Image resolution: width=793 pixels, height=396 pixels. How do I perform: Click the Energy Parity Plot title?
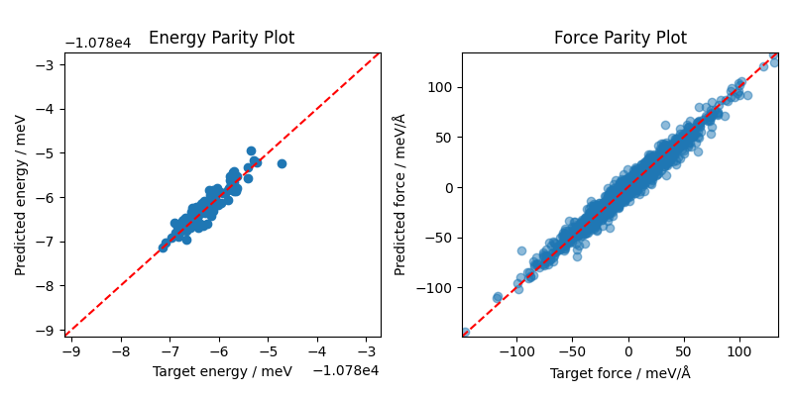pyautogui.click(x=221, y=39)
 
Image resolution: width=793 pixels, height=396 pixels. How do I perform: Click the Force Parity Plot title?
pyautogui.click(x=620, y=39)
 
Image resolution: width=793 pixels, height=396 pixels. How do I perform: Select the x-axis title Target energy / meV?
pyautogui.click(x=222, y=371)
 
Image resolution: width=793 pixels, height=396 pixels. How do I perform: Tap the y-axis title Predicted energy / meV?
pyautogui.click(x=21, y=195)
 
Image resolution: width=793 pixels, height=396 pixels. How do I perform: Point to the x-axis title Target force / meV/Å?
pyautogui.click(x=620, y=372)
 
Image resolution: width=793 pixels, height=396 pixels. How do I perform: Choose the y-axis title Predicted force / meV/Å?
pyautogui.click(x=399, y=195)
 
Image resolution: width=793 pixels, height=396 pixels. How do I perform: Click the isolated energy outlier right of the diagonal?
pyautogui.click(x=282, y=163)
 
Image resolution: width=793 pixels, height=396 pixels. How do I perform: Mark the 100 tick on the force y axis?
pyautogui.click(x=440, y=87)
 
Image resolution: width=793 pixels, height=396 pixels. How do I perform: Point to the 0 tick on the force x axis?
pyautogui.click(x=627, y=351)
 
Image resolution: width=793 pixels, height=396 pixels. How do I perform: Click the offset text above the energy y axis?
pyautogui.click(x=99, y=44)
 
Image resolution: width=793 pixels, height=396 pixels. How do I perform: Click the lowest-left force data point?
pyautogui.click(x=465, y=332)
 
